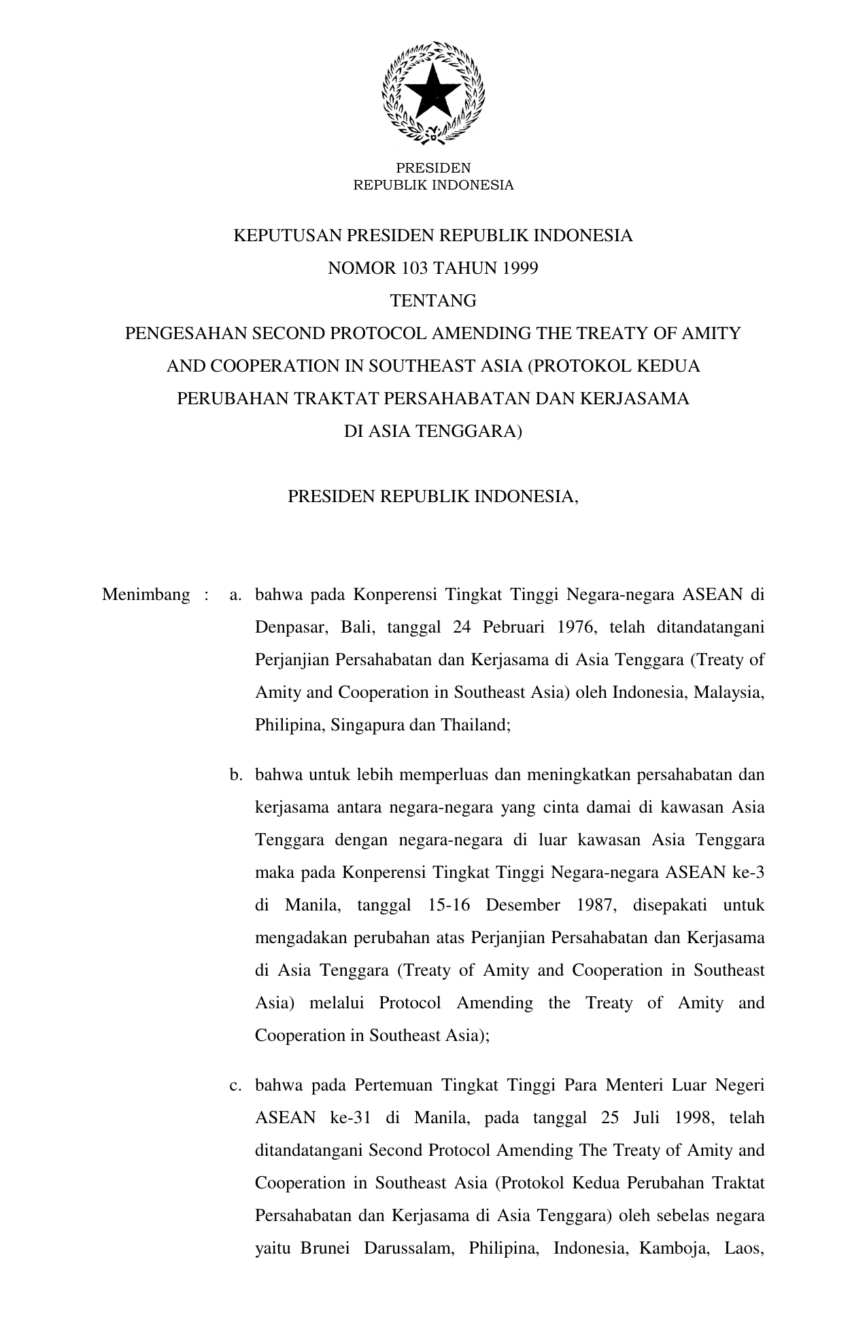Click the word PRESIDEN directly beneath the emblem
[433, 168]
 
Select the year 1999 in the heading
[520, 268]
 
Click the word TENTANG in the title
[433, 300]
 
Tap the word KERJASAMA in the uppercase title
[635, 399]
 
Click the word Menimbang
[146, 595]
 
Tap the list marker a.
[235, 595]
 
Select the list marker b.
[235, 775]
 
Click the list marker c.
[235, 1085]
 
